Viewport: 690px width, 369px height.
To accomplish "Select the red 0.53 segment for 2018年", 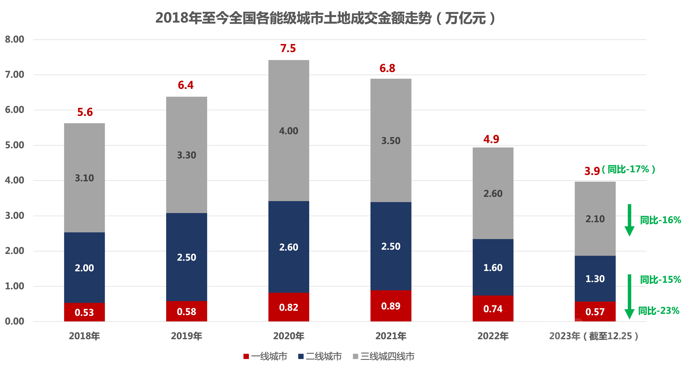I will pyautogui.click(x=84, y=312).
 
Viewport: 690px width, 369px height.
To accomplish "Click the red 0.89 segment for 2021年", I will pyautogui.click(x=391, y=306).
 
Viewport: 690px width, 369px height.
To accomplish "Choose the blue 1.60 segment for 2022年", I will pyautogui.click(x=493, y=268).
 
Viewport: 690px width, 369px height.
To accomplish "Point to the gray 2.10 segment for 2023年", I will pyautogui.click(x=595, y=219).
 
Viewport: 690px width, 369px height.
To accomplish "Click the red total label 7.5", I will pyautogui.click(x=288, y=48).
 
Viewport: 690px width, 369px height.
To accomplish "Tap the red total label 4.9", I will pyautogui.click(x=491, y=139).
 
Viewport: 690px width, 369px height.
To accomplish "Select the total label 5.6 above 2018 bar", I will pyautogui.click(x=85, y=112).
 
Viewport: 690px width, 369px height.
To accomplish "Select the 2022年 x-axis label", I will pyautogui.click(x=493, y=336).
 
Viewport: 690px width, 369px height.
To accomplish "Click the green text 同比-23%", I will pyautogui.click(x=659, y=311).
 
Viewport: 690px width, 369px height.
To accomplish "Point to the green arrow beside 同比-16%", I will pyautogui.click(x=629, y=220).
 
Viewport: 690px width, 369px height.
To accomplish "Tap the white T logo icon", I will pyautogui.click(x=566, y=337).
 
